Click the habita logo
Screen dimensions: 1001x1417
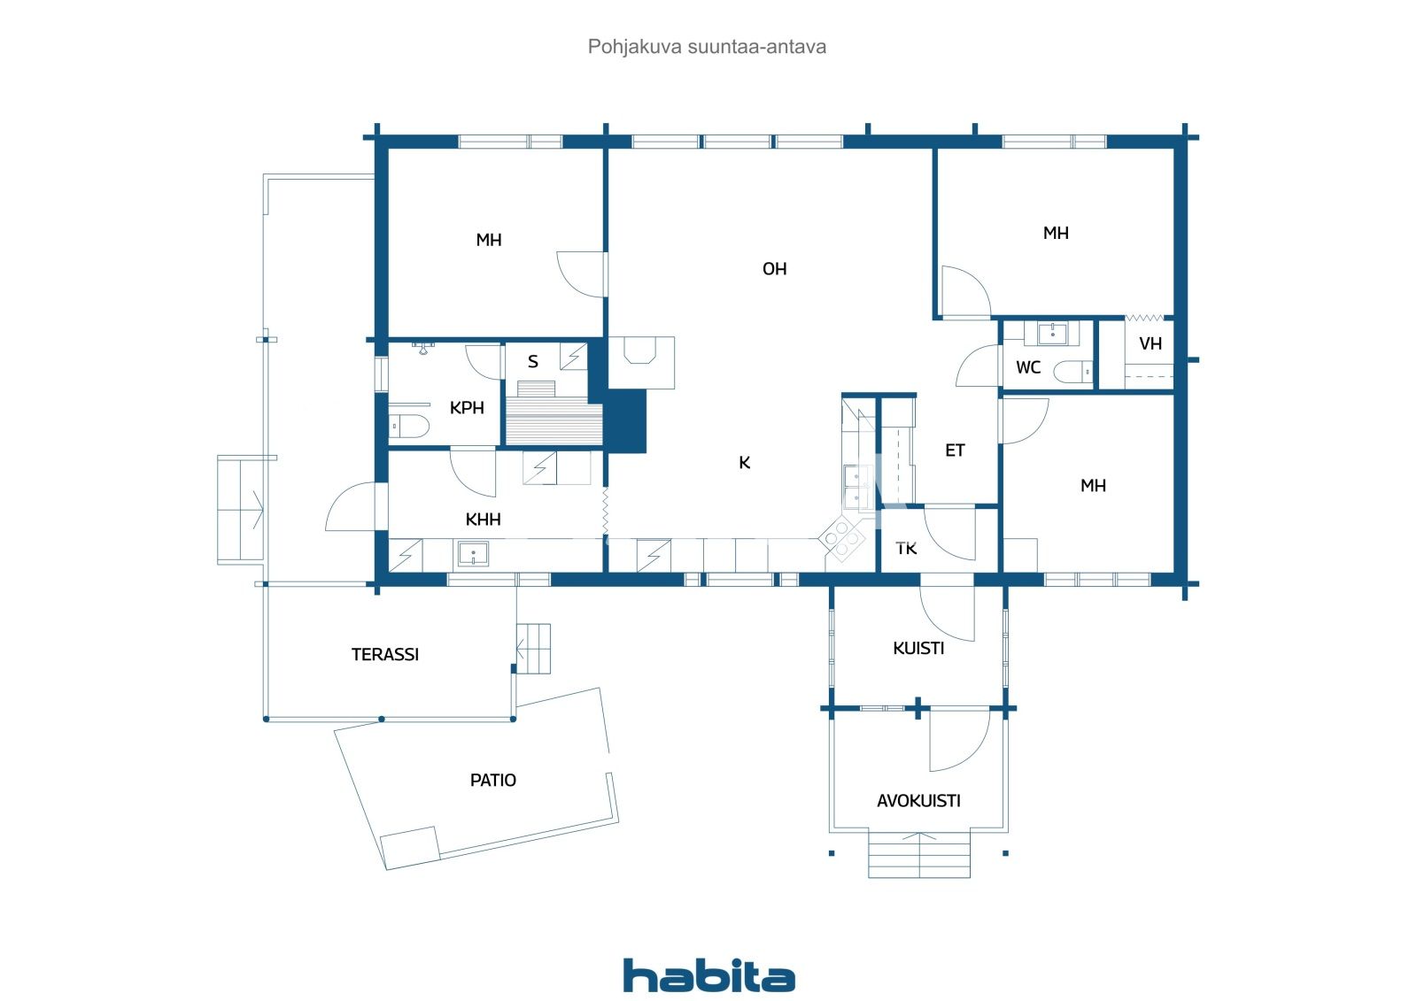pos(708,975)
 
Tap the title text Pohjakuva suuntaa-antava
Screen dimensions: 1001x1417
pos(707,47)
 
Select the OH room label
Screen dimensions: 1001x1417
pos(774,269)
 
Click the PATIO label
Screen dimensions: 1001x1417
pos(492,781)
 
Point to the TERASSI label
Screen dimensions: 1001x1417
pos(384,655)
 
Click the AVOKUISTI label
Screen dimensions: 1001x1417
pos(918,801)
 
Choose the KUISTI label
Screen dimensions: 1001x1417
pos(918,649)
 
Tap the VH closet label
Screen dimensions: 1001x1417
pos(1150,344)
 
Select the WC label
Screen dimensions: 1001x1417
pos(1027,367)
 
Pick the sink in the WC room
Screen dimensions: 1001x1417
pos(1052,334)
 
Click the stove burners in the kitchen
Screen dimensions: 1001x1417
pos(841,539)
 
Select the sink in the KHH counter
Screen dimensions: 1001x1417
pos(473,555)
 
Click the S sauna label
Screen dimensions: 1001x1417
pos(532,362)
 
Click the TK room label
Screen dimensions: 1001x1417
pos(905,549)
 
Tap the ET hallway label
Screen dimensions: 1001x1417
pos(954,451)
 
